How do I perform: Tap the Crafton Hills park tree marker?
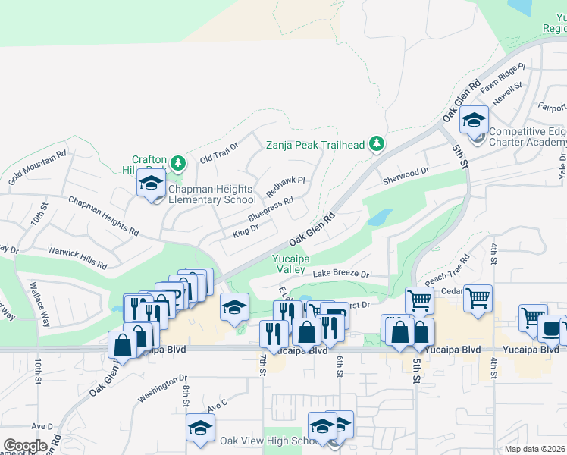coord(177,162)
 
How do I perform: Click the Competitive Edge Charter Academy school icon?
coord(475,120)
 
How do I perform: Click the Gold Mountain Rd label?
coord(37,168)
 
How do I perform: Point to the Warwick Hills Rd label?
coord(77,256)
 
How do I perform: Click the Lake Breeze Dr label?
coord(341,274)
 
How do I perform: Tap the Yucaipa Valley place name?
coord(290,264)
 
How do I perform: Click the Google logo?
coord(25,445)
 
